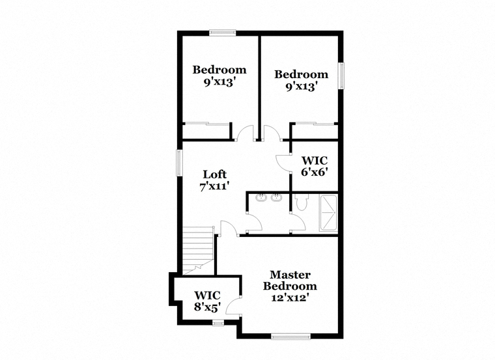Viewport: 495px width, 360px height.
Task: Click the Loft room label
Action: tap(215, 174)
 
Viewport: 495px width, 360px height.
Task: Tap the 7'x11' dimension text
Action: tap(214, 186)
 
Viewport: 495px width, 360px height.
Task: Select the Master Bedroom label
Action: tap(290, 280)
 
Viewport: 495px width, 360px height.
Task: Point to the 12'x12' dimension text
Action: tap(290, 298)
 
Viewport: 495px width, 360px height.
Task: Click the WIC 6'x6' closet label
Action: tap(314, 166)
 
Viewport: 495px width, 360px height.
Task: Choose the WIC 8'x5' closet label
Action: tap(207, 301)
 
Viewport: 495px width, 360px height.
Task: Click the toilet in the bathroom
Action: tap(302, 202)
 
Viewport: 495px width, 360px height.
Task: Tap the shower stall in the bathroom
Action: tap(328, 213)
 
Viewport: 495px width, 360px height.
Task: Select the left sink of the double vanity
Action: tap(261, 198)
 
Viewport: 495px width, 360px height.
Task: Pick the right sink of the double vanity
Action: tap(276, 198)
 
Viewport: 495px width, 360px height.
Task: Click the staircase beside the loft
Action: tap(199, 251)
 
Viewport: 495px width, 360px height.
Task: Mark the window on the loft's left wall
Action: tap(179, 163)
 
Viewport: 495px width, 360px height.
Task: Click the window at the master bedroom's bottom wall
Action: tap(290, 337)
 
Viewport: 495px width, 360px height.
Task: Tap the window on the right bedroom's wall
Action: tap(341, 76)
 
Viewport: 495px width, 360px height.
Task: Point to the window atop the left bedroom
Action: tap(223, 33)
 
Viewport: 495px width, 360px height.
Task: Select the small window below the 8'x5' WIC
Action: tap(218, 322)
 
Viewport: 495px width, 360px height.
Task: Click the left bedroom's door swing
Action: tap(245, 132)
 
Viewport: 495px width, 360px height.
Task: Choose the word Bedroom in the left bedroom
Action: tap(219, 70)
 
